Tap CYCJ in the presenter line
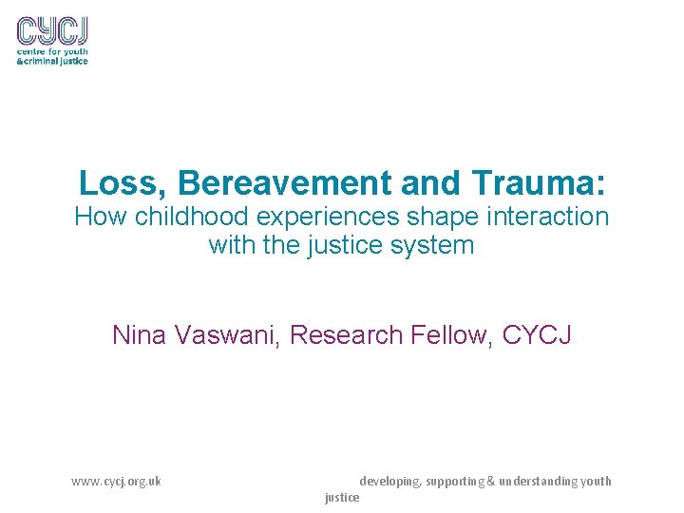pos(537,334)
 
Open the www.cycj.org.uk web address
pos(116,482)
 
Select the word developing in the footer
pos(389,482)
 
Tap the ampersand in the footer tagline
pos(491,482)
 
